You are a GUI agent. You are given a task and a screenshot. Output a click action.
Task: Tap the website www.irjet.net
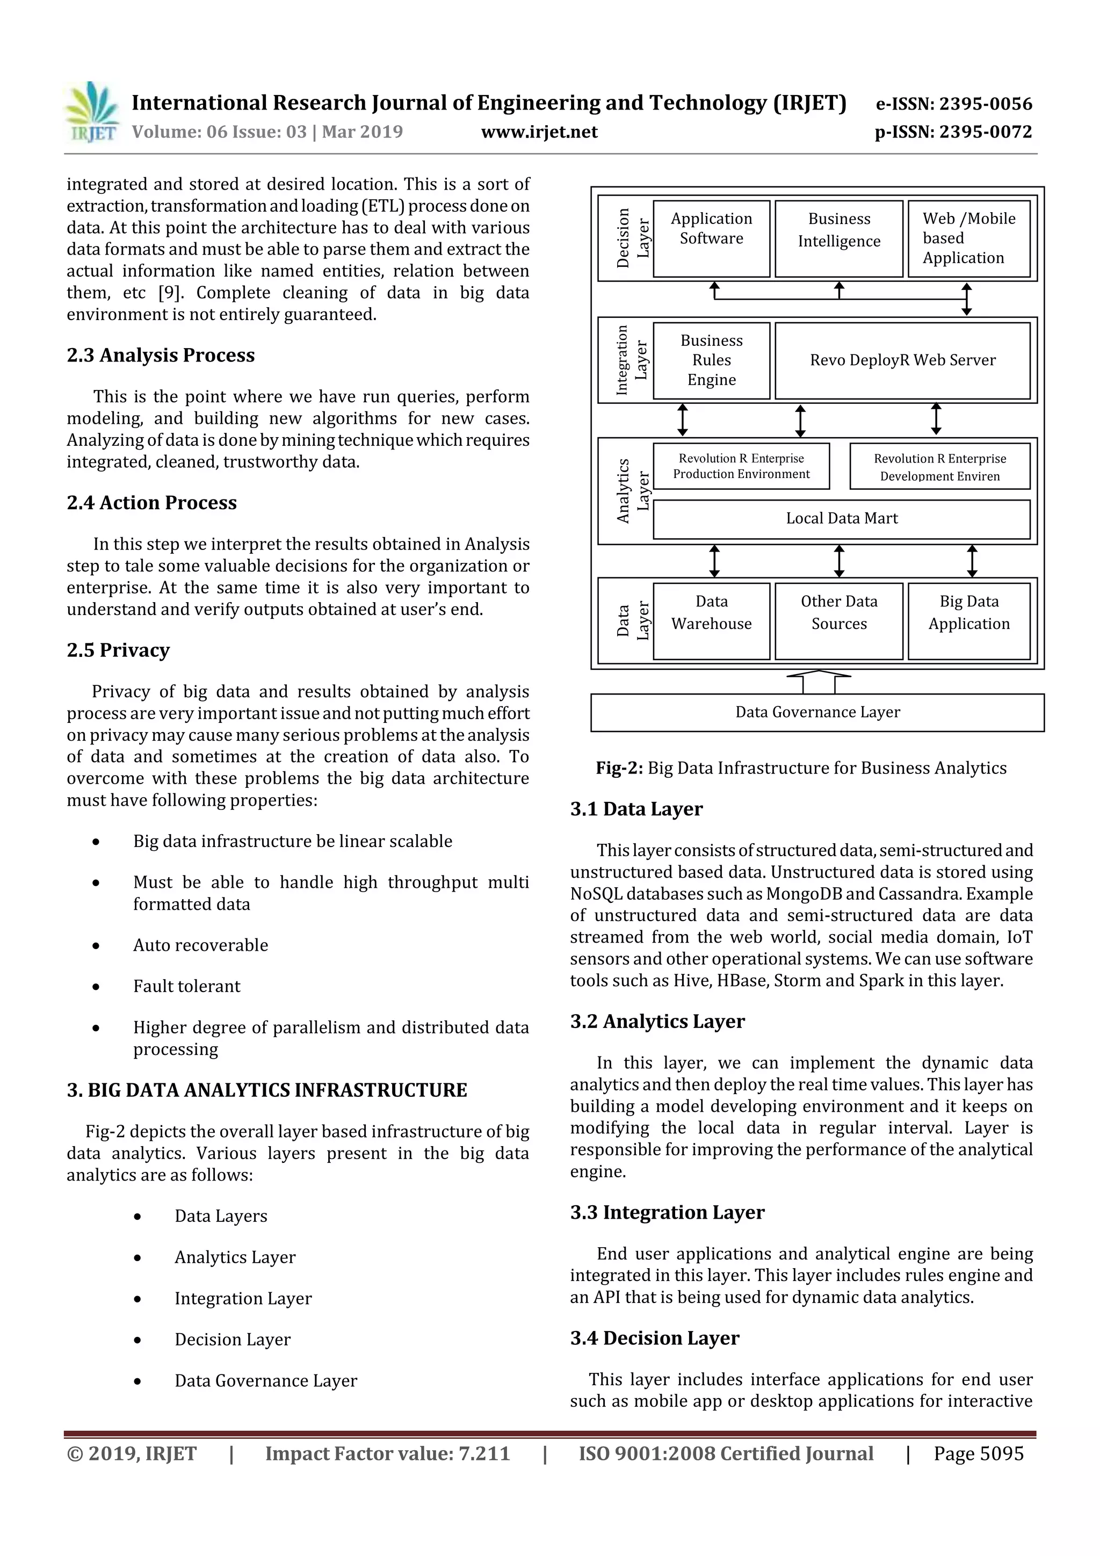[539, 132]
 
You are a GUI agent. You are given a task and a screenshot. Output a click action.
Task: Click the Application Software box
[711, 238]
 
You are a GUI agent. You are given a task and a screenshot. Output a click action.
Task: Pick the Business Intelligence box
[838, 238]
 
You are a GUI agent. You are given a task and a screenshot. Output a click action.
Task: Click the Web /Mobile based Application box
[968, 238]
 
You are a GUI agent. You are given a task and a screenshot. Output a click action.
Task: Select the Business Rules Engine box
[711, 360]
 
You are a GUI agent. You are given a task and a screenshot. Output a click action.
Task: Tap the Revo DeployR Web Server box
[902, 360]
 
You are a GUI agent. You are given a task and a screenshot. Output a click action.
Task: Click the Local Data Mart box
[841, 518]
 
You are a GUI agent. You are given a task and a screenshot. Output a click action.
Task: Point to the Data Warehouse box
[711, 620]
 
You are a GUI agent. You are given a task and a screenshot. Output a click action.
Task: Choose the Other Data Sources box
[838, 620]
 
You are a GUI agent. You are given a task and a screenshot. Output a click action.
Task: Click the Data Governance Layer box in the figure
[817, 712]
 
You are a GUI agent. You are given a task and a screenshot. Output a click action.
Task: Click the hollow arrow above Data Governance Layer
[819, 681]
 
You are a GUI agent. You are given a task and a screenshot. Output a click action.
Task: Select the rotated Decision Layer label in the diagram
[632, 238]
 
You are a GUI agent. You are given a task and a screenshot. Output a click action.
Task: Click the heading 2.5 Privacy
[118, 650]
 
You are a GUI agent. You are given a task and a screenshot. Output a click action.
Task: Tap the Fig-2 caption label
[619, 768]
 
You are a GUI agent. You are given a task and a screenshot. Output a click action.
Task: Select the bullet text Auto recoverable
[201, 945]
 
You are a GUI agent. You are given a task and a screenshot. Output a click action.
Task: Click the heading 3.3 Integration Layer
[667, 1212]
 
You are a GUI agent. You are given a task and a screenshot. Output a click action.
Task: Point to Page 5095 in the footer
[978, 1453]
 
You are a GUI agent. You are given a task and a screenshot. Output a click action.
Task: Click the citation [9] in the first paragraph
[169, 293]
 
